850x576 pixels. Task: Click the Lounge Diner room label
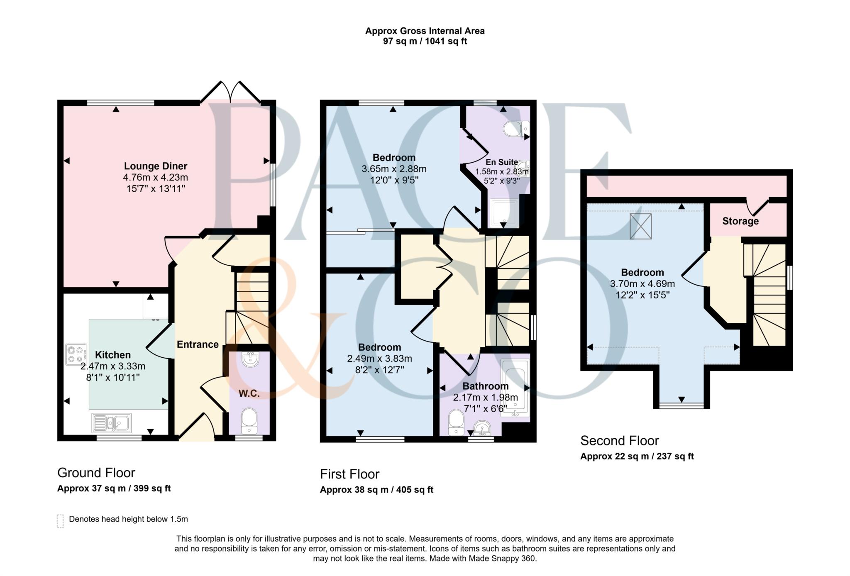coord(156,166)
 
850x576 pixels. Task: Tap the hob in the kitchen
coord(76,354)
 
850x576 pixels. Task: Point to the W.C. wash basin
coord(250,359)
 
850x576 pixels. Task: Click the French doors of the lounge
coord(230,92)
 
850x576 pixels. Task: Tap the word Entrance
coord(198,344)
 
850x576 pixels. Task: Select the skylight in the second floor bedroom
coord(640,226)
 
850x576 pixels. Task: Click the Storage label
coord(740,221)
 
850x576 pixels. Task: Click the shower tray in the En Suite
coord(504,213)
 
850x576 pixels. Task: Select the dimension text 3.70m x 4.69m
coord(642,284)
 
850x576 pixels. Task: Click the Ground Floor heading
coord(96,473)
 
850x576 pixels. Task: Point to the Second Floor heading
coord(619,440)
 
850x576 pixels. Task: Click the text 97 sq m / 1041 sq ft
coord(425,41)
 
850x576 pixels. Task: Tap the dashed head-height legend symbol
coord(60,521)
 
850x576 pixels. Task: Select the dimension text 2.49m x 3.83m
coord(379,359)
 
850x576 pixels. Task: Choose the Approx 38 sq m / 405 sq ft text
coord(376,490)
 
